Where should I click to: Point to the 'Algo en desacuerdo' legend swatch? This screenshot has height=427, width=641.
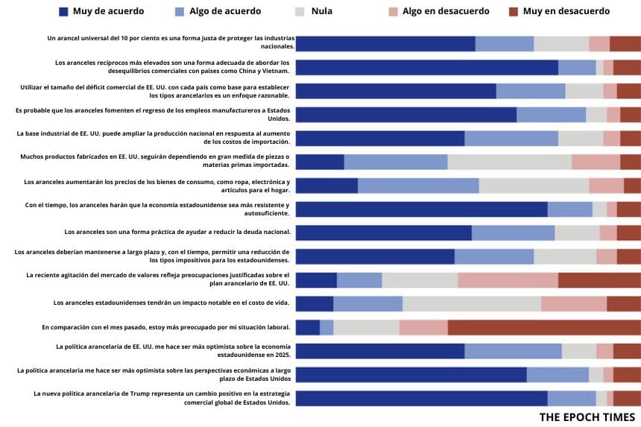tap(393, 11)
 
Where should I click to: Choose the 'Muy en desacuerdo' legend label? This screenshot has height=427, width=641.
tap(566, 11)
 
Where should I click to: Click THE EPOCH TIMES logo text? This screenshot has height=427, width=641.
tap(587, 417)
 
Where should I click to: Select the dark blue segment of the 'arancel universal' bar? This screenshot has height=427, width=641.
tap(385, 43)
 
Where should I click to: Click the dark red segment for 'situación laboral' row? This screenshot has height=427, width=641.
tap(544, 327)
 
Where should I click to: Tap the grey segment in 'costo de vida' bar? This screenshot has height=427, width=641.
tap(472, 303)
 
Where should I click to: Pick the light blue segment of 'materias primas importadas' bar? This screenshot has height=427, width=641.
tap(396, 162)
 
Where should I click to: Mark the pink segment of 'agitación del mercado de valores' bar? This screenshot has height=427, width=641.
tap(508, 280)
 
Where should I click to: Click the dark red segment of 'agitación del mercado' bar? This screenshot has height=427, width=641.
tap(599, 280)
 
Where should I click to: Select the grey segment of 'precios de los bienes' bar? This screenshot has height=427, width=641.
tap(534, 186)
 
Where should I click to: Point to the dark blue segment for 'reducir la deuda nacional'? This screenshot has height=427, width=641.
tap(384, 233)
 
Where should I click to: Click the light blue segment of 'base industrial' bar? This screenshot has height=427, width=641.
tap(511, 138)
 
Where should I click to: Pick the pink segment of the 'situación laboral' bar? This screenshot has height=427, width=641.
tap(423, 327)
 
